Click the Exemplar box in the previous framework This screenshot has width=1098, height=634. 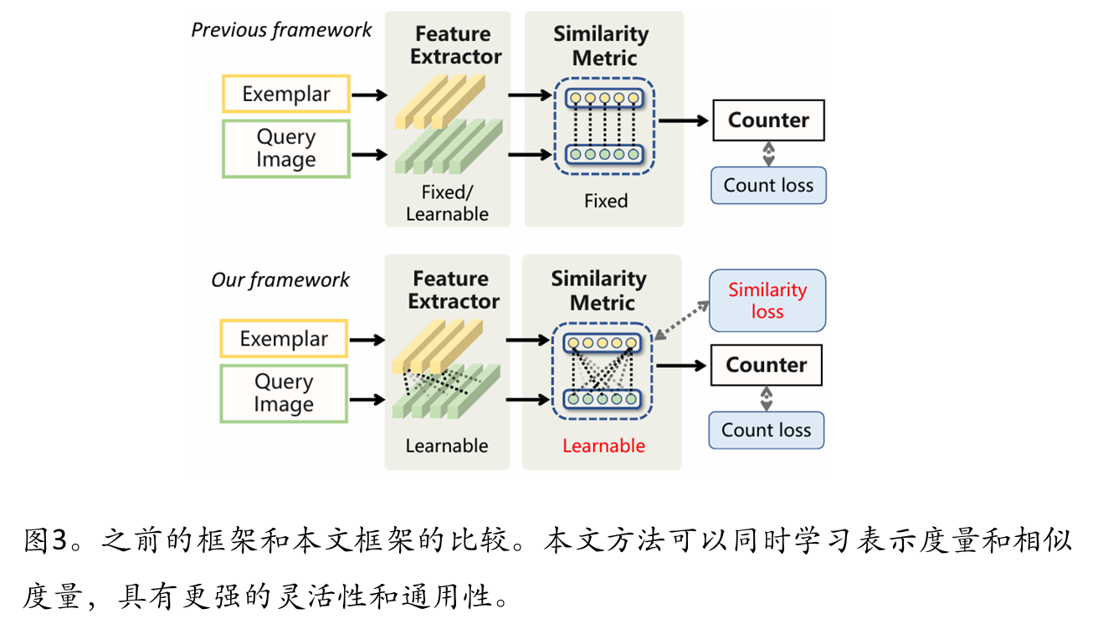(x=286, y=94)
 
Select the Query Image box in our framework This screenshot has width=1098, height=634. (x=284, y=393)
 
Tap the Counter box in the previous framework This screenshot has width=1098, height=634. (x=768, y=120)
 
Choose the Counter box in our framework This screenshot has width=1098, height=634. (x=766, y=366)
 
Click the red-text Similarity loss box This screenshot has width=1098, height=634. (x=767, y=300)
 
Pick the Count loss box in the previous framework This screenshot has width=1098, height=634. (x=768, y=186)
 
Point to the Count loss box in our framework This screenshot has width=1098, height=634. (x=766, y=430)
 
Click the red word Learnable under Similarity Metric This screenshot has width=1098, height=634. (x=603, y=446)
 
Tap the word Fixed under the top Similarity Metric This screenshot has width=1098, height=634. (x=606, y=201)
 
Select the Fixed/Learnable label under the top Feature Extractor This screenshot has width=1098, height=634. (x=447, y=203)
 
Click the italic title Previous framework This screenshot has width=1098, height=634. (x=281, y=30)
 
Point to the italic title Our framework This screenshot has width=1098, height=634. (x=280, y=279)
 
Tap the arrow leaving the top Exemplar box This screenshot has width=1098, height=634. (x=369, y=95)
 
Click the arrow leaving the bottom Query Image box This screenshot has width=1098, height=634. (x=367, y=400)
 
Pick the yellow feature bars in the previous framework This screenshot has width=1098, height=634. (x=440, y=100)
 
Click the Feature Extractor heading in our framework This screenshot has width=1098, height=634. (x=454, y=289)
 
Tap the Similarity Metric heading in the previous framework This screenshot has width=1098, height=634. (x=601, y=46)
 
